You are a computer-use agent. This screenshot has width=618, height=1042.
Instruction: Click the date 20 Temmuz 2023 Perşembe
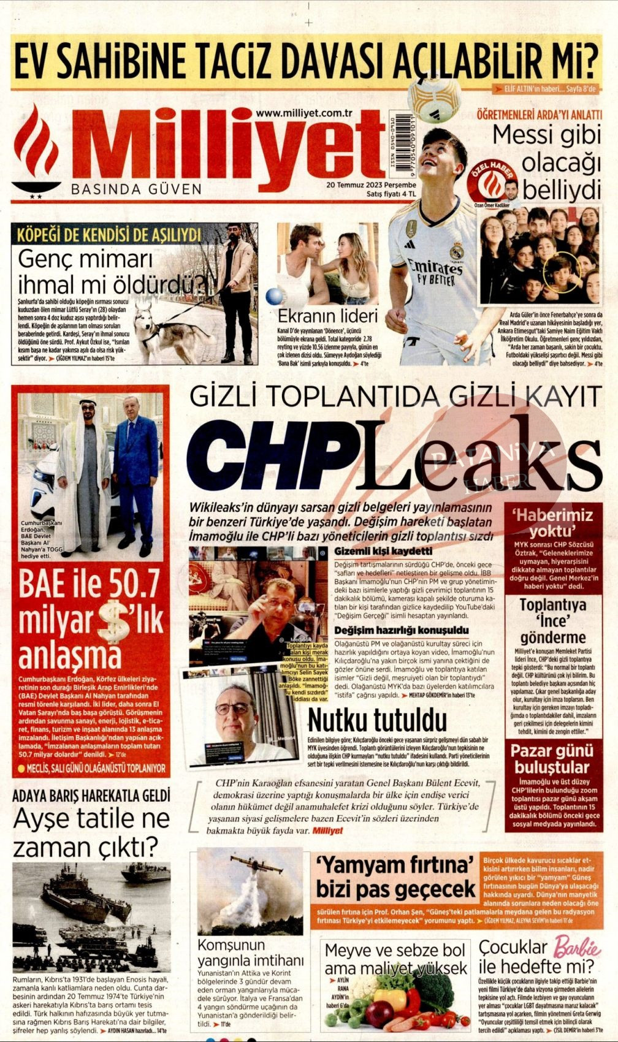coord(371,184)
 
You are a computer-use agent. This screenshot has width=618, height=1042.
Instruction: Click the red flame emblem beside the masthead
coord(36,147)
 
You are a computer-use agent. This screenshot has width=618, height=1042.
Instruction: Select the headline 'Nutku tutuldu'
coord(376,720)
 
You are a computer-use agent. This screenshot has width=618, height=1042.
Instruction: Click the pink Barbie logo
coord(576,947)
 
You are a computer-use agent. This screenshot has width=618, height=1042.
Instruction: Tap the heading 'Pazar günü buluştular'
coord(551,759)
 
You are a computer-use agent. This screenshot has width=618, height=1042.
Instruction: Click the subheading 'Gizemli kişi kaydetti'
coord(383,551)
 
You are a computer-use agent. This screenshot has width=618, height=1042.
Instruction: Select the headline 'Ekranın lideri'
coord(327,316)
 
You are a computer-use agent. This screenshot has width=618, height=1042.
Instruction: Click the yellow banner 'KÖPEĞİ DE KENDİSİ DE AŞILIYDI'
coord(110,235)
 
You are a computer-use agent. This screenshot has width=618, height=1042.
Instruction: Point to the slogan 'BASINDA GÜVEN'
coord(136,189)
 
